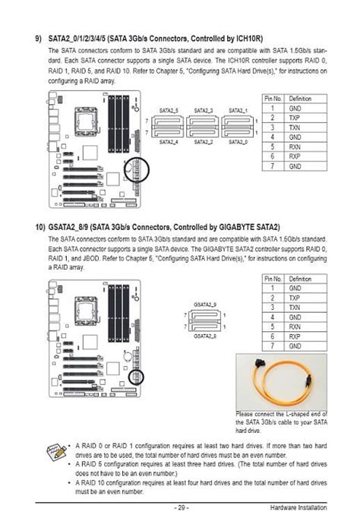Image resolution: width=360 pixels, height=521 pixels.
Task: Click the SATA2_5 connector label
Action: pyautogui.click(x=170, y=111)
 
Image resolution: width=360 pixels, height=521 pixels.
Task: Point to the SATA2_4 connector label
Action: pyautogui.click(x=170, y=142)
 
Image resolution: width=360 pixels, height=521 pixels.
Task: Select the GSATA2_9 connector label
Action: pyautogui.click(x=204, y=303)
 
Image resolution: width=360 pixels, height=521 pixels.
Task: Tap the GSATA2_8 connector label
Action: pyautogui.click(x=204, y=334)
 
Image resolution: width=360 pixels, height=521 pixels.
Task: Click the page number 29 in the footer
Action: pyautogui.click(x=179, y=507)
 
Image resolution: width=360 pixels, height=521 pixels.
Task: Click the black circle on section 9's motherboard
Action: pyautogui.click(x=142, y=169)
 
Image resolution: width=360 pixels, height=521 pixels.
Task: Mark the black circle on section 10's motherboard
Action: pyautogui.click(x=142, y=370)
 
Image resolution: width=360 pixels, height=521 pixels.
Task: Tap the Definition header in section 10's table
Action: pyautogui.click(x=301, y=279)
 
